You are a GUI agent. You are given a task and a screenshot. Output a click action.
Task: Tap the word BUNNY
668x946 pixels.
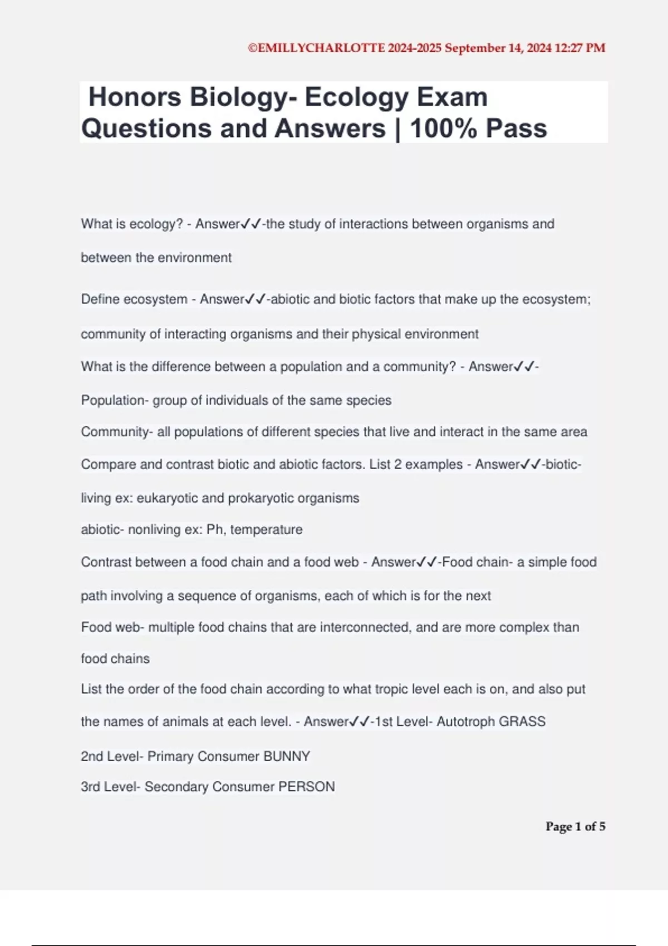pyautogui.click(x=287, y=756)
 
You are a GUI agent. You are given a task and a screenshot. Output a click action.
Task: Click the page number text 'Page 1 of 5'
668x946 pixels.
pyautogui.click(x=575, y=826)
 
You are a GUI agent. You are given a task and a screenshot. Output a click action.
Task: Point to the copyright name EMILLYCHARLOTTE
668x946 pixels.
pyautogui.click(x=321, y=48)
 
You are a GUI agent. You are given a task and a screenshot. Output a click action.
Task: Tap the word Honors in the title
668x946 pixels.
pyautogui.click(x=135, y=97)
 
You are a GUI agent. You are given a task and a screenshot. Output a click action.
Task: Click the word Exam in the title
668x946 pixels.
pyautogui.click(x=451, y=97)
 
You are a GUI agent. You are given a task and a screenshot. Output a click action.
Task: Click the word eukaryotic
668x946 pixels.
pyautogui.click(x=167, y=498)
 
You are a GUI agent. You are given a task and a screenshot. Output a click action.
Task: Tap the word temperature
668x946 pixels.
pyautogui.click(x=266, y=529)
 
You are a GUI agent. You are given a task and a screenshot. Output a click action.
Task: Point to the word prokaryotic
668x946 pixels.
pyautogui.click(x=261, y=498)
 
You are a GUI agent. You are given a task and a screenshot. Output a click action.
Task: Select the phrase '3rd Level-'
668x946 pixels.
pyautogui.click(x=111, y=787)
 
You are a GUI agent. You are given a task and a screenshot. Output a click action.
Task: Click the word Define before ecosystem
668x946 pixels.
pyautogui.click(x=100, y=299)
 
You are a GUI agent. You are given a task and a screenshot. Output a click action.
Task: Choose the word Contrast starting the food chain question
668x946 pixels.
pyautogui.click(x=106, y=562)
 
